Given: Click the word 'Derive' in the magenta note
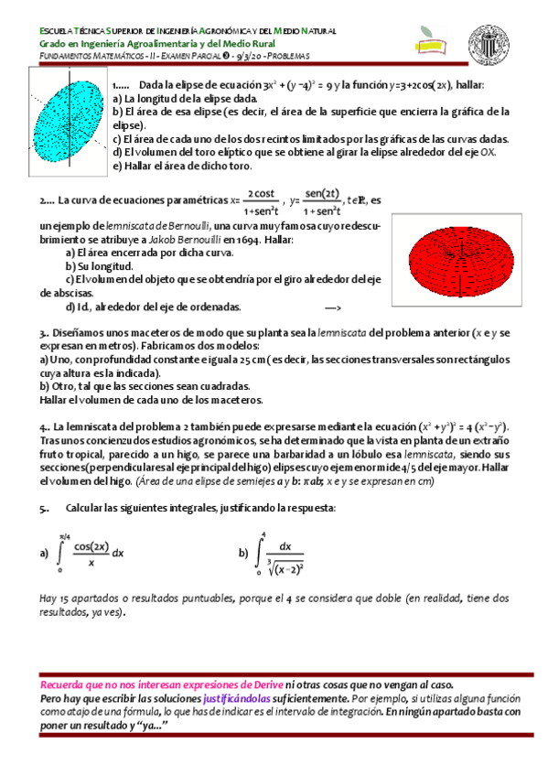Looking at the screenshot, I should (x=264, y=684).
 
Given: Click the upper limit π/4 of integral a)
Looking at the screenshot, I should (x=63, y=536).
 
